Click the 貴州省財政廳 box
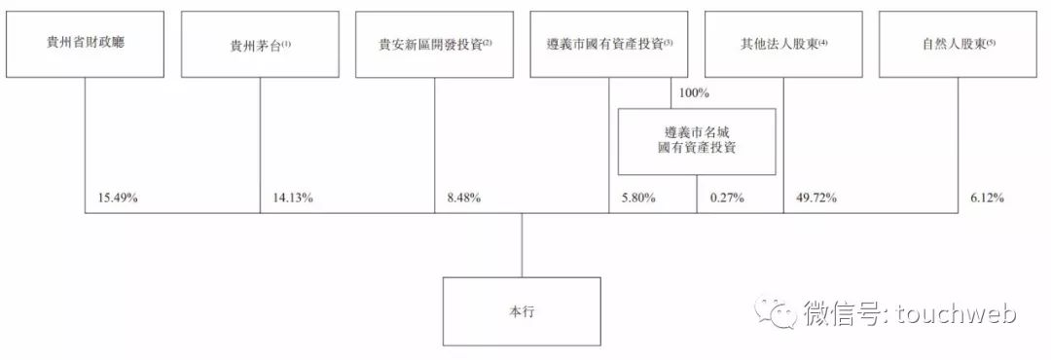point(84,44)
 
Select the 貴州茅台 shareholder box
point(259,44)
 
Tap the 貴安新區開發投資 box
point(434,44)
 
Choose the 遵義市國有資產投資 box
point(609,44)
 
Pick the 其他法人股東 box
point(783,44)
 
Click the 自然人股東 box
point(958,44)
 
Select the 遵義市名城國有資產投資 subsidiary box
point(697,141)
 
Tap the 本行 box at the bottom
point(521,311)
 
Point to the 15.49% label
point(118,198)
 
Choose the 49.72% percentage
point(817,198)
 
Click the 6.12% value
point(986,198)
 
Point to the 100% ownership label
point(695,93)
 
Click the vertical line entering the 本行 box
point(521,245)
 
